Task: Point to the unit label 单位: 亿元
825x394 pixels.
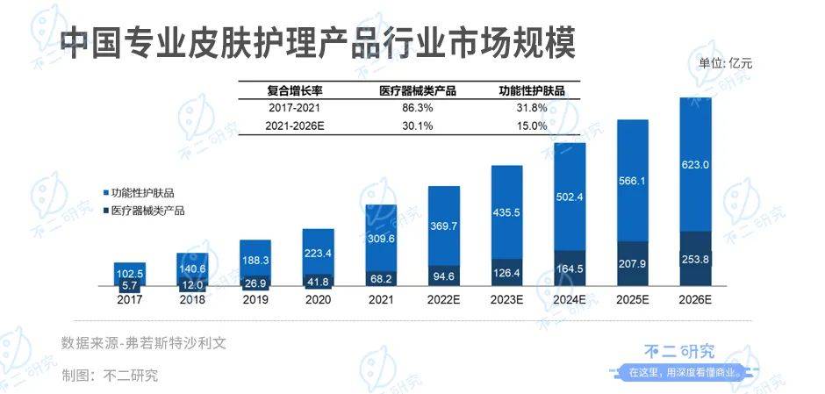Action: (725, 63)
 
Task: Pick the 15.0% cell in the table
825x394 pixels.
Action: (531, 125)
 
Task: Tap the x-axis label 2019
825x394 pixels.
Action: (255, 298)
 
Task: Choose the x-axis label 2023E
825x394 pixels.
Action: (506, 298)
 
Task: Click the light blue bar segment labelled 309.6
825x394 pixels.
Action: (381, 238)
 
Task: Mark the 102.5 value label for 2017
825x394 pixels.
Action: (130, 272)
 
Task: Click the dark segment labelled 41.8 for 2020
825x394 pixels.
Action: (318, 281)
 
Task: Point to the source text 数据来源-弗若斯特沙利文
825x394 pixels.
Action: (144, 342)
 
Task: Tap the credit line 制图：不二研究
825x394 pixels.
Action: (110, 375)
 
